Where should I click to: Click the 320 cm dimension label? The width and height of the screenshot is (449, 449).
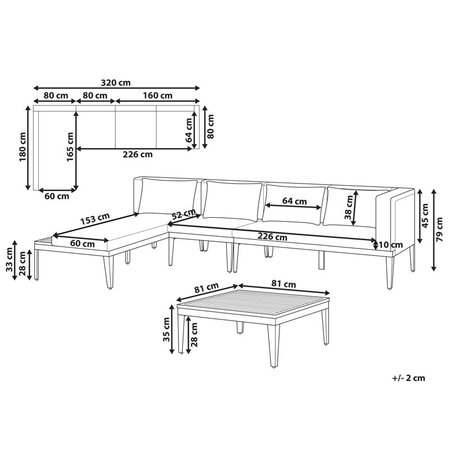116,83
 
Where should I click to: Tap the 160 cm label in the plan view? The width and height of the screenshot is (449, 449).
158,95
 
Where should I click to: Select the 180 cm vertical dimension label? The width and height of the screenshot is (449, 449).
22,147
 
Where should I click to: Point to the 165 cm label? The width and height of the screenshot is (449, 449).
70,146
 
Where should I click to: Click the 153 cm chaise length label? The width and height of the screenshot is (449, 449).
95,219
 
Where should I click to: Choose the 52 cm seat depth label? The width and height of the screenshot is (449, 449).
184,214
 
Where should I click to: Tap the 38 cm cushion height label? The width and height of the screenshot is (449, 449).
348,207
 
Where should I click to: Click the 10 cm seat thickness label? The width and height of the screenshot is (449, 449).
391,245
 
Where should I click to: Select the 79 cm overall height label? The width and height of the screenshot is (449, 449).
439,230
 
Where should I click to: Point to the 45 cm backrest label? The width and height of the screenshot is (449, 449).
425,216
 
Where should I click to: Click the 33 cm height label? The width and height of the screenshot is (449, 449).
10,259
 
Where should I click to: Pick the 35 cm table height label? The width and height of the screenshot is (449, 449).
166,329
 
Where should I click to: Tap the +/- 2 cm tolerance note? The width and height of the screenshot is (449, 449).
409,378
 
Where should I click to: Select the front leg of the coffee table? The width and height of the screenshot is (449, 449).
273,346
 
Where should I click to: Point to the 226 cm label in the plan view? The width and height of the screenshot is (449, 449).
138,155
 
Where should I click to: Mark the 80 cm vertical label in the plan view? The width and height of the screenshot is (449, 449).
210,127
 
